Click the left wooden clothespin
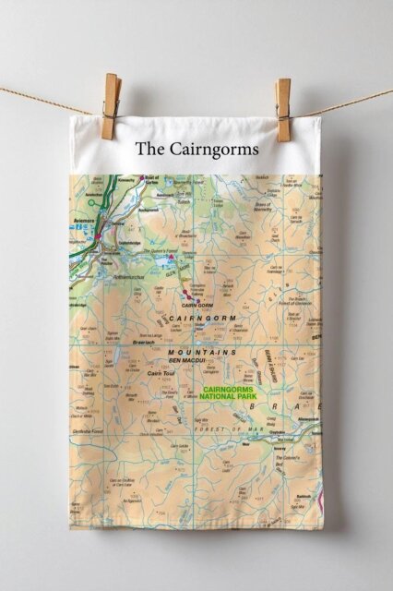click(112, 106)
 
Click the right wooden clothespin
click(282, 110)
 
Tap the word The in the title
click(149, 148)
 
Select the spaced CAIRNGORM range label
click(203, 318)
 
